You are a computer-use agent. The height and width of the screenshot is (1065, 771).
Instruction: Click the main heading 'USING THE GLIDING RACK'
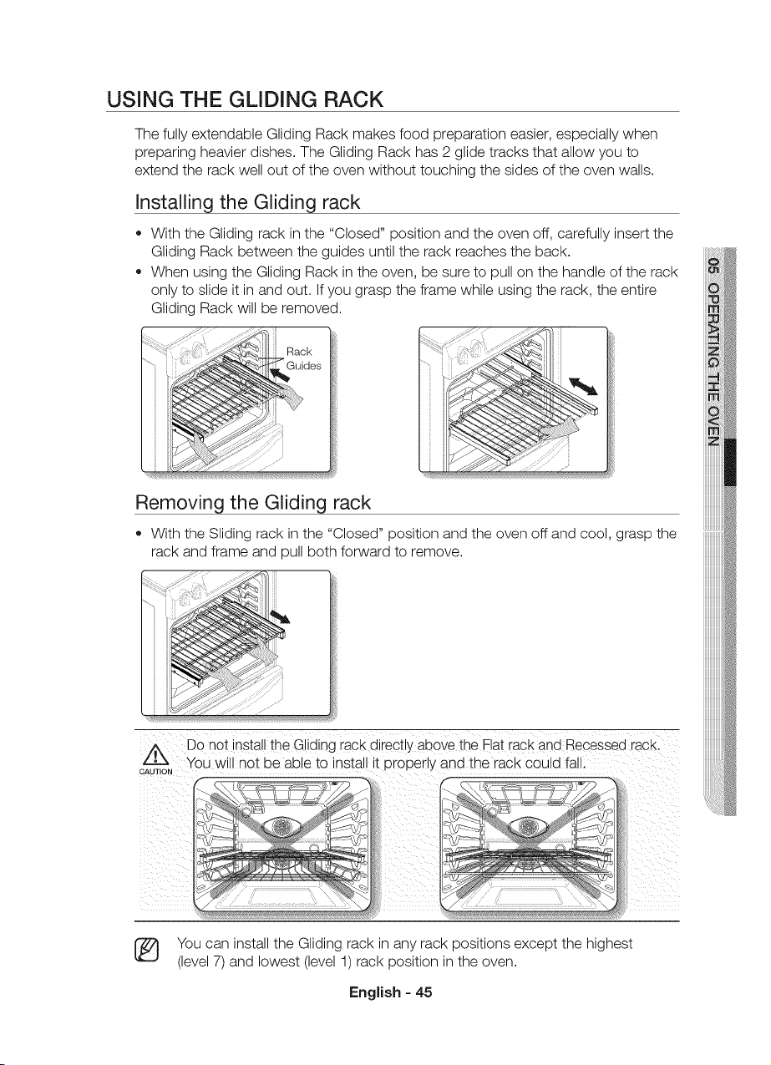click(245, 99)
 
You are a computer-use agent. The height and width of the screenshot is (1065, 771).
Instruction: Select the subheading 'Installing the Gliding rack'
click(247, 202)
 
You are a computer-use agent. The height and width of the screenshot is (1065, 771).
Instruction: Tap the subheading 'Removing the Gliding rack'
click(253, 502)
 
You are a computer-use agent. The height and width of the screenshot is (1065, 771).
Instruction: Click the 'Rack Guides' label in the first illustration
click(304, 358)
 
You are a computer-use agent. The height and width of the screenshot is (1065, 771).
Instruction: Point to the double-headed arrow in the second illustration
click(583, 386)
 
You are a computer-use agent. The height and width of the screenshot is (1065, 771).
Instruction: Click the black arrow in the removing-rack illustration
click(280, 616)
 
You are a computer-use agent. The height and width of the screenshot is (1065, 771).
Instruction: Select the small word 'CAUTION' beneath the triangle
click(156, 771)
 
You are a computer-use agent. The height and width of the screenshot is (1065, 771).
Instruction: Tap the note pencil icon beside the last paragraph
click(149, 951)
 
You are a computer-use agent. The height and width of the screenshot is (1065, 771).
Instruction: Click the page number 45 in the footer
click(424, 992)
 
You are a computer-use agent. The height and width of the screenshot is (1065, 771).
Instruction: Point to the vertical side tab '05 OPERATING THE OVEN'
click(714, 352)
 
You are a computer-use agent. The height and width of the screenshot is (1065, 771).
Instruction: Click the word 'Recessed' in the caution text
click(596, 744)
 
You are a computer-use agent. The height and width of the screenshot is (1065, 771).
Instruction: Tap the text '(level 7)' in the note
click(201, 961)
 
